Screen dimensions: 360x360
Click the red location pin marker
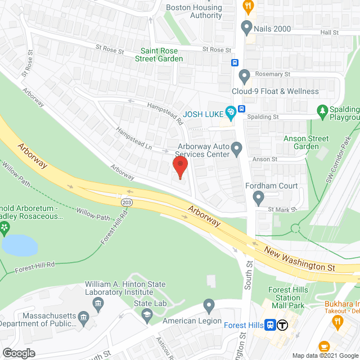[179, 166]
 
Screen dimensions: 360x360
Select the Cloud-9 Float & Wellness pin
[244, 75]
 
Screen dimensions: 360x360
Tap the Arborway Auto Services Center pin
[237, 150]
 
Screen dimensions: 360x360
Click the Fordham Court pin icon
[258, 197]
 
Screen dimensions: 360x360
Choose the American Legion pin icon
[209, 307]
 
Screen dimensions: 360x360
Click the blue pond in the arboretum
[20, 245]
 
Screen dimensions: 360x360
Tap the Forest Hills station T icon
[283, 325]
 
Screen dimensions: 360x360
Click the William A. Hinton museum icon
[98, 304]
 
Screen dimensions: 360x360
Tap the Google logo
[18, 353]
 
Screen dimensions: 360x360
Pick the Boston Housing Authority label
[194, 11]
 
